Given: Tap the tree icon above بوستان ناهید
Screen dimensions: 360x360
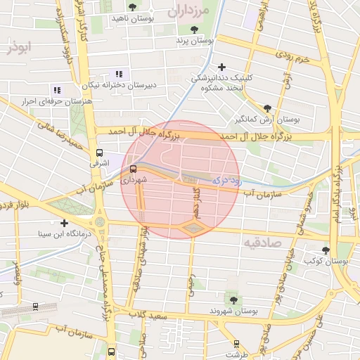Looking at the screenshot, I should tap(132, 7).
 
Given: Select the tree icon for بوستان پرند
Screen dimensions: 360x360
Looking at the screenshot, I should tap(194, 30).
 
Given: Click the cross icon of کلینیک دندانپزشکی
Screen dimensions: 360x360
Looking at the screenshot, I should tap(222, 67).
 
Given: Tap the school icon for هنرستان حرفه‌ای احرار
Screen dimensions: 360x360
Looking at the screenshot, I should tap(57, 90).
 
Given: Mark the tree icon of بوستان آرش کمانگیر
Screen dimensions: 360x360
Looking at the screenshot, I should tap(266, 108).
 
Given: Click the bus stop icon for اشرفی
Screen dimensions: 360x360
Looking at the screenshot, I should tap(99, 152).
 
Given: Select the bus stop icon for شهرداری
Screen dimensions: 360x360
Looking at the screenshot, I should tap(134, 169).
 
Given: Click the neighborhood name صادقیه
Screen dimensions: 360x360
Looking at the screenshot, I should tap(262, 243).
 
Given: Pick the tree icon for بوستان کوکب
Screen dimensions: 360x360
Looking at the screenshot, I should tap(325, 250).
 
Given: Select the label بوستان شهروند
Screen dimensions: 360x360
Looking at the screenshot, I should tap(234, 310).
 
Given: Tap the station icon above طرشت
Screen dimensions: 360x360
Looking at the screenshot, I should tap(236, 343).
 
